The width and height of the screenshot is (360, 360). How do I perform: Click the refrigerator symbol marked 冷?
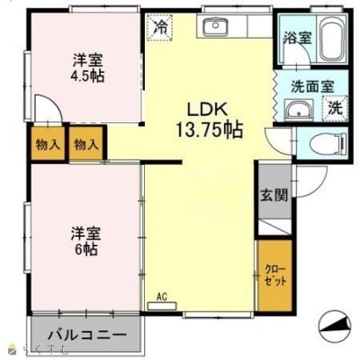click(159, 27)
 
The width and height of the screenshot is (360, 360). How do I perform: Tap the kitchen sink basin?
click(215, 26)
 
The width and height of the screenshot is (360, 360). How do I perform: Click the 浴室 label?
click(298, 38)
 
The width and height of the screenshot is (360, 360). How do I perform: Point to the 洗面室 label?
click(312, 86)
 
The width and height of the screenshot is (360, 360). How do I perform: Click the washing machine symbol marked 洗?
click(335, 108)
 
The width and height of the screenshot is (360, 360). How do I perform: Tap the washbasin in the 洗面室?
click(299, 110)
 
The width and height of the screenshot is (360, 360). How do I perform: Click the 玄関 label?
click(274, 195)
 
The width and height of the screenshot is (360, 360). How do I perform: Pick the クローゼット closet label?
click(275, 275)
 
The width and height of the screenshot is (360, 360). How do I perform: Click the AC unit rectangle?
click(162, 306)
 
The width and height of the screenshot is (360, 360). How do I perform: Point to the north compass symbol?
click(334, 326)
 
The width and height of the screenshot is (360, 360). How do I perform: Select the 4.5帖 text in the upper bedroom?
click(87, 76)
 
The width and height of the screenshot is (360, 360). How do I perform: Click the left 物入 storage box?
click(48, 144)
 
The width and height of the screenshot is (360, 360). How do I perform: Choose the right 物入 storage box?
click(86, 144)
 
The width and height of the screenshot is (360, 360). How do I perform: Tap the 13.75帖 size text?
click(209, 130)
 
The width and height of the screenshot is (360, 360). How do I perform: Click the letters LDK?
click(206, 109)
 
